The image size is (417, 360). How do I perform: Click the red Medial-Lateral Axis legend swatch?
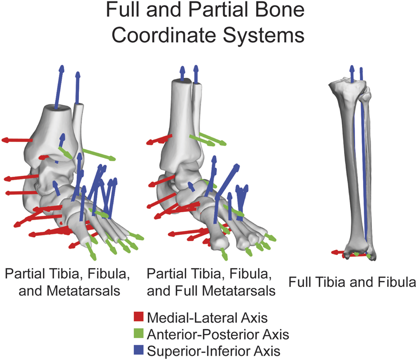[x=139, y=317]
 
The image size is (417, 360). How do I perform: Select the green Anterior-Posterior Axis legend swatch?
[x=139, y=333]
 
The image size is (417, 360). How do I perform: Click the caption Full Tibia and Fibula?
[x=352, y=281]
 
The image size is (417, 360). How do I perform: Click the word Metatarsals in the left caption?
[x=91, y=292]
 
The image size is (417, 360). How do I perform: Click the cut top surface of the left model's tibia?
[x=57, y=108]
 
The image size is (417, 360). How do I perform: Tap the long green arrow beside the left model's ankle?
[x=98, y=154]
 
